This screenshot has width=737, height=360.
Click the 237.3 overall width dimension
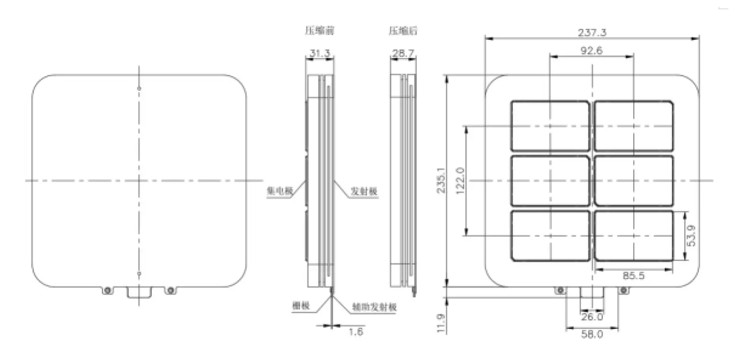tap(592, 32)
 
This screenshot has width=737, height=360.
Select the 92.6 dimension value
tap(591, 51)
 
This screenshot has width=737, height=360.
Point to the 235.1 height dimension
tap(441, 180)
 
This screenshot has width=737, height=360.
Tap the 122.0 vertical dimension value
tap(460, 180)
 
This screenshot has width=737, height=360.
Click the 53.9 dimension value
tap(691, 236)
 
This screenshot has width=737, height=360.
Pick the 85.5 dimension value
tap(633, 276)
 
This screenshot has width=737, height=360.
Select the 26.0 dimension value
tap(592, 317)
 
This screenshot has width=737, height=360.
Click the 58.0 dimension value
tap(592, 334)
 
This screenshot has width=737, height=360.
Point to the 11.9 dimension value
tap(441, 323)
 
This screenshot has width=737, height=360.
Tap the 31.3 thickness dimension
tap(319, 53)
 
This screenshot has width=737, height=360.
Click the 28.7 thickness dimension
tap(403, 53)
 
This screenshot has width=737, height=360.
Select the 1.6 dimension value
tap(355, 332)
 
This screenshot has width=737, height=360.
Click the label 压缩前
tap(319, 31)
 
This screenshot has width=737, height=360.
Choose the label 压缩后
tap(403, 31)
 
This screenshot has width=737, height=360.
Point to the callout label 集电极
tap(279, 191)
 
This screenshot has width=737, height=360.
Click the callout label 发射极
tap(364, 191)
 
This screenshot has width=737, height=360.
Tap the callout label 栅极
tap(301, 306)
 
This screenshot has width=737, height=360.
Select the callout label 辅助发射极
tap(374, 307)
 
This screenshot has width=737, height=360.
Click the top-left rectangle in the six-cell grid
tap(550, 126)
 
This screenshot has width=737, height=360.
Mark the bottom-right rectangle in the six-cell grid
tap(634, 236)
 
